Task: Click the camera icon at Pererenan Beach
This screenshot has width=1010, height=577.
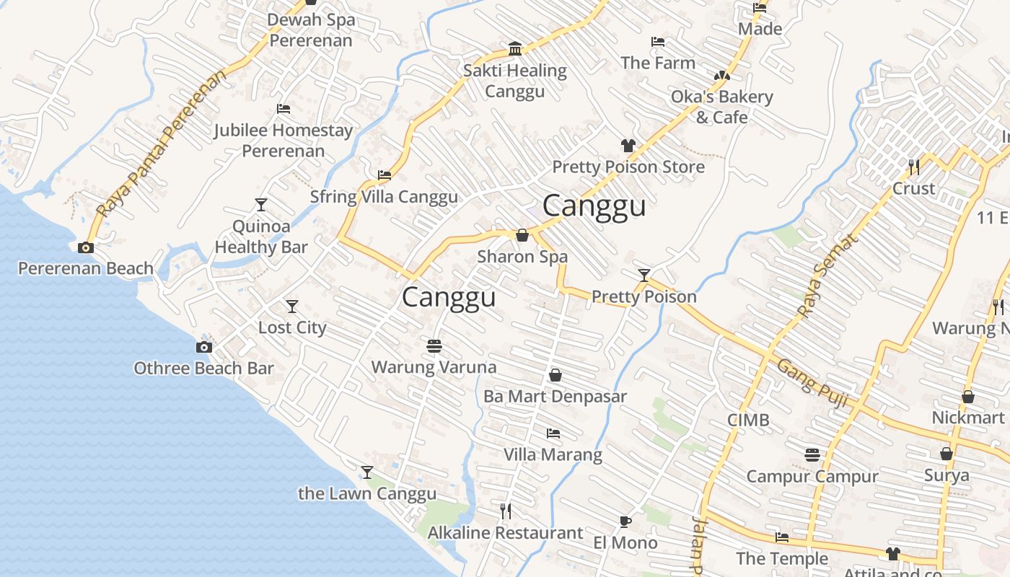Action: click(x=86, y=247)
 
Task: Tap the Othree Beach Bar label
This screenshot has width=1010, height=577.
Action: click(x=203, y=368)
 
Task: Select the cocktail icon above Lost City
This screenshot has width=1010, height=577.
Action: click(x=292, y=307)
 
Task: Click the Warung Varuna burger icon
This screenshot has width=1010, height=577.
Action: click(x=434, y=346)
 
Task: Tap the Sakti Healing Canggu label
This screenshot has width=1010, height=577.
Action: click(x=515, y=81)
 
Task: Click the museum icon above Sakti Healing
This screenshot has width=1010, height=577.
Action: click(x=515, y=49)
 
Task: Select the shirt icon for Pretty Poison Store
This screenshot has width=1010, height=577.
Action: click(x=628, y=146)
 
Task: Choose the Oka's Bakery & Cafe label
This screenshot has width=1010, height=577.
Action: click(x=721, y=107)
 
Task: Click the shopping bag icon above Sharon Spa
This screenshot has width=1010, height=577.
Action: click(x=522, y=235)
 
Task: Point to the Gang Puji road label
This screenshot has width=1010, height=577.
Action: click(x=812, y=383)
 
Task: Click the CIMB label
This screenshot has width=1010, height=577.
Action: click(x=748, y=420)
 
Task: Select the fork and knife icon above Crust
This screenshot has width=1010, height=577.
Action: click(x=914, y=167)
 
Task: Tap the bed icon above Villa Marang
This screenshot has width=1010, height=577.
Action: click(x=553, y=433)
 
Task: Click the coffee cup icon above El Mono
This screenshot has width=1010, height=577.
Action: click(x=625, y=521)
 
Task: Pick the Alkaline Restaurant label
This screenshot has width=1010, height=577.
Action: click(x=505, y=533)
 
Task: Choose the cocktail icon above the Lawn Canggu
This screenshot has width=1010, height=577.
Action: click(x=367, y=472)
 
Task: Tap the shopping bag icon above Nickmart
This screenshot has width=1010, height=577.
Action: click(x=968, y=397)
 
